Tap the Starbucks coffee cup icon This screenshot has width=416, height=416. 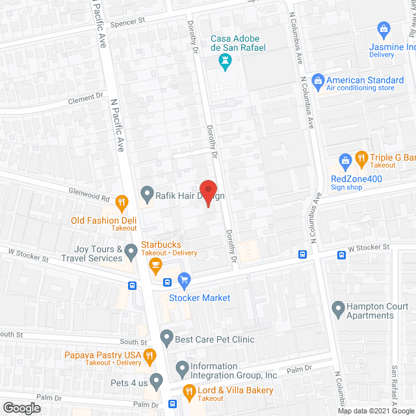(155, 264)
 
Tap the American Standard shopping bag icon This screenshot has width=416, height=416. (318, 80)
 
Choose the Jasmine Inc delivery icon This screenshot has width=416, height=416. (383, 29)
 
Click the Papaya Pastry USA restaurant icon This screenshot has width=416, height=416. (149, 355)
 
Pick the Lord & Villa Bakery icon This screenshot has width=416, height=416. (189, 391)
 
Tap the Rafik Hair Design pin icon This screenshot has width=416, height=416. (146, 193)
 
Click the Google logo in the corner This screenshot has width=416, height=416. (21, 408)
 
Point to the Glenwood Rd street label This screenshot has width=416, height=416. (90, 194)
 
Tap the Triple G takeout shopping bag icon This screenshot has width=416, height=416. (345, 159)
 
